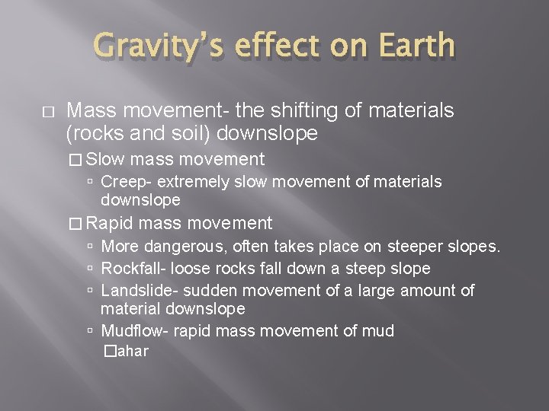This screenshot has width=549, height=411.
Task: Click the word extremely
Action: point(185,182)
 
